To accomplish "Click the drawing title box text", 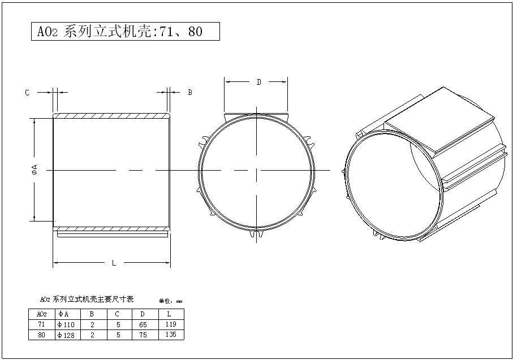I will pyautogui.click(x=124, y=32).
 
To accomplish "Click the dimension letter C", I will pyautogui.click(x=27, y=93).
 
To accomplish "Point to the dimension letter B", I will pyautogui.click(x=190, y=92).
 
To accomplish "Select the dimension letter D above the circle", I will pyautogui.click(x=258, y=83).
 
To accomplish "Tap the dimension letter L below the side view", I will pyautogui.click(x=114, y=263).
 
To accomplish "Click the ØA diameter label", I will pyautogui.click(x=35, y=170).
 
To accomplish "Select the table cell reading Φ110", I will pyautogui.click(x=66, y=325).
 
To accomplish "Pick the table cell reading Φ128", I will pyautogui.click(x=66, y=335).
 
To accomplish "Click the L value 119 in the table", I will pyautogui.click(x=171, y=324).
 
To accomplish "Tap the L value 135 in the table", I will pyautogui.click(x=171, y=334).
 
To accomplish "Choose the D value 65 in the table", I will pyautogui.click(x=143, y=325).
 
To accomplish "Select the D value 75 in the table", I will pyautogui.click(x=143, y=335).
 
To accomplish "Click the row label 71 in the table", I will pyautogui.click(x=41, y=325).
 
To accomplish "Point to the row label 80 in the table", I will pyautogui.click(x=41, y=335).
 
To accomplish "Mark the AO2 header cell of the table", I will pyautogui.click(x=41, y=314).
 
